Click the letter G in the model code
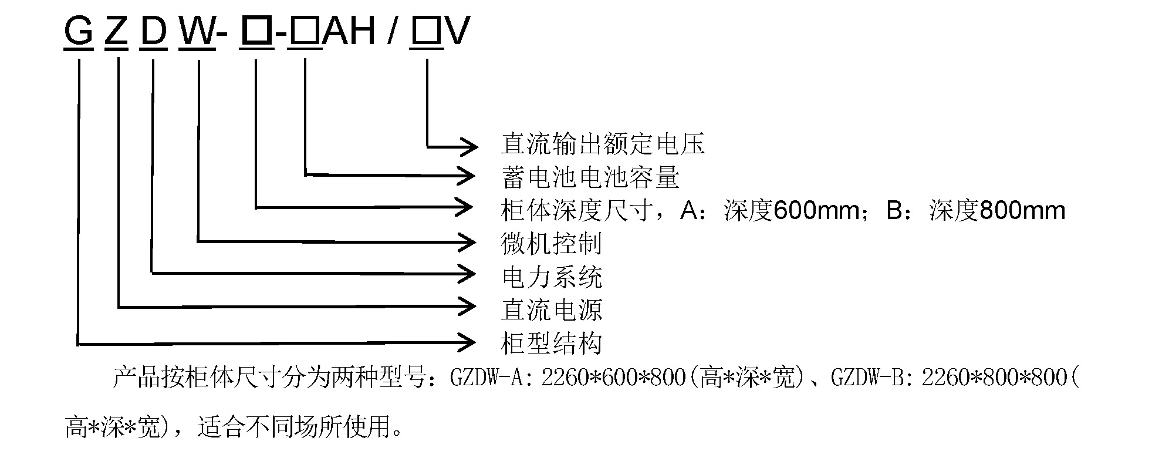(x=78, y=31)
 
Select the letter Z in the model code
(x=116, y=31)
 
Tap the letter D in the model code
(x=154, y=31)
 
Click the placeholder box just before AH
(x=305, y=31)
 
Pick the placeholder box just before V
(x=427, y=31)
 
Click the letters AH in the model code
(x=350, y=31)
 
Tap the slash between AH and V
(x=392, y=31)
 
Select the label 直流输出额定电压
(x=603, y=144)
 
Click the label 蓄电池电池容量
(x=590, y=177)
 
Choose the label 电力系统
(x=552, y=277)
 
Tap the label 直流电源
(x=552, y=309)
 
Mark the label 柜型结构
(x=552, y=344)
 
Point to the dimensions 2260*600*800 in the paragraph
(x=613, y=378)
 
